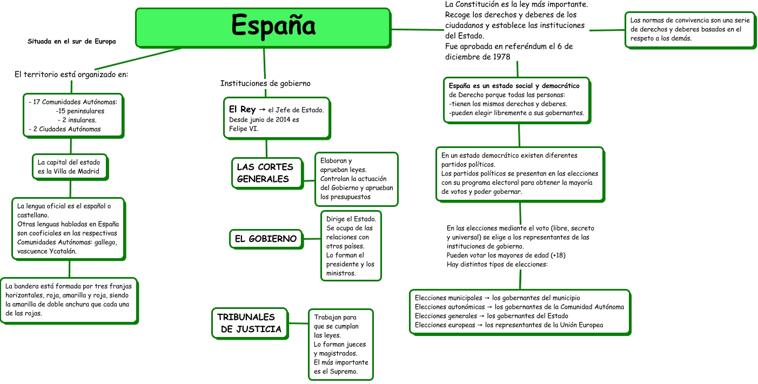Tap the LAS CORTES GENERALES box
click(266, 173)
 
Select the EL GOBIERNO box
click(265, 239)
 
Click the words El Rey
click(242, 110)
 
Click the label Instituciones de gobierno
click(265, 84)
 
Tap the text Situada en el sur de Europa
click(72, 41)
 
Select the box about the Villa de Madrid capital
click(69, 166)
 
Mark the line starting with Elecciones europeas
click(508, 325)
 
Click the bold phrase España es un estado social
click(514, 86)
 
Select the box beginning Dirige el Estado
click(351, 246)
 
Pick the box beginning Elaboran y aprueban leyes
click(357, 179)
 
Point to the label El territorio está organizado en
click(71, 75)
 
